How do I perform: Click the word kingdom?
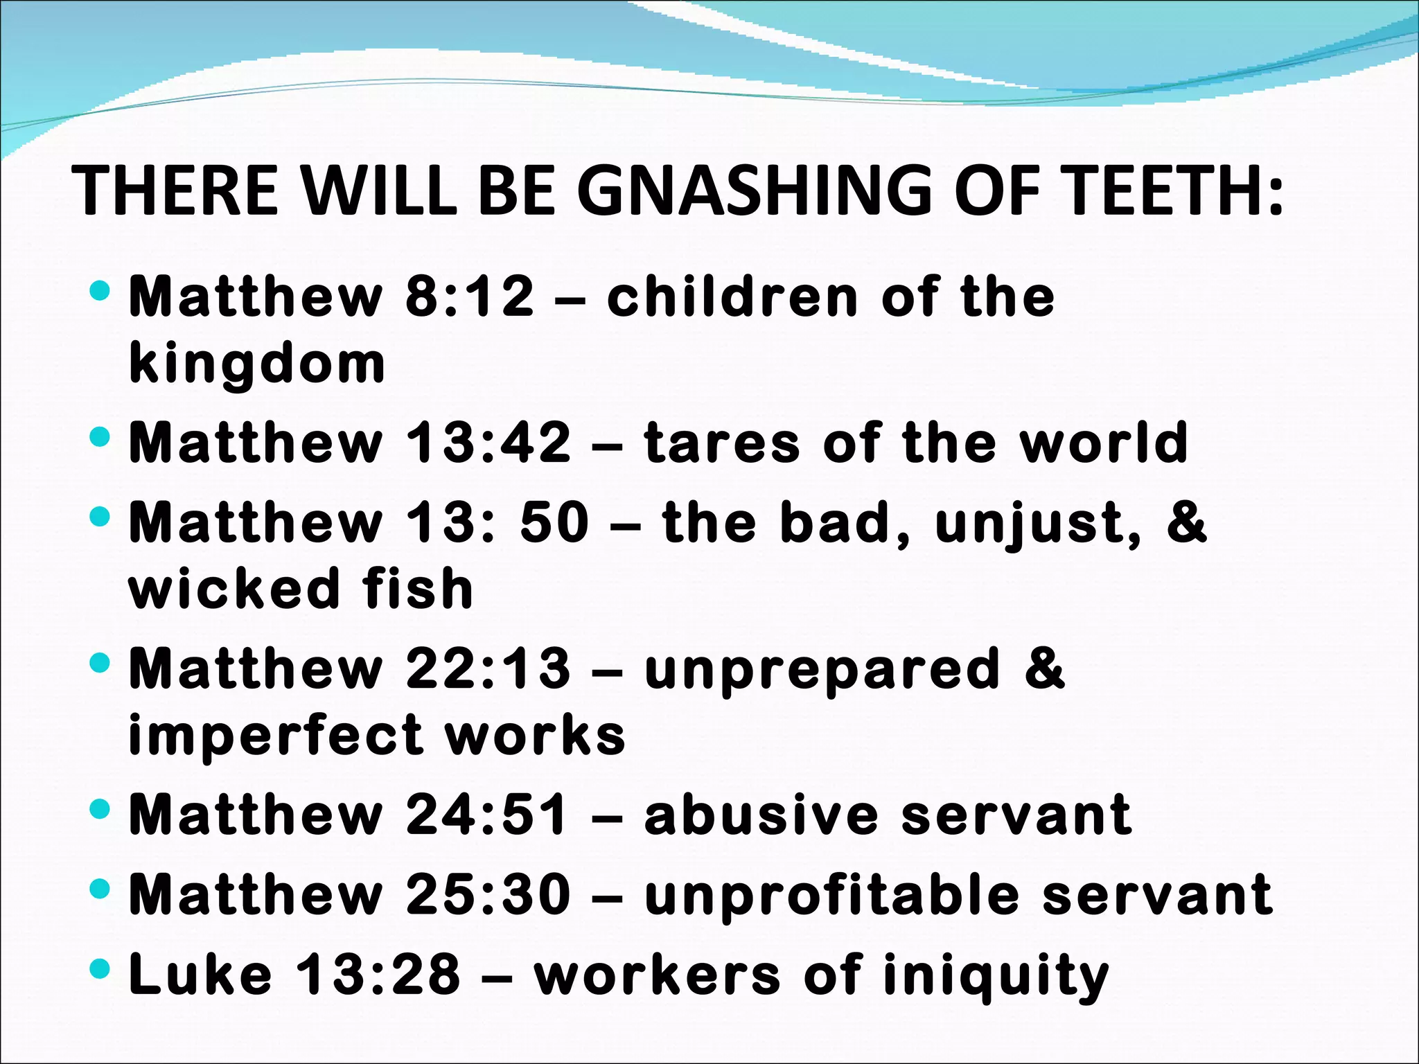click(x=257, y=364)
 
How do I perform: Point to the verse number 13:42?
click(x=488, y=443)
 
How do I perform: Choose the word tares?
click(x=721, y=444)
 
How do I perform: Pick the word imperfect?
click(x=275, y=736)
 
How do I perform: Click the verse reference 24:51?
click(x=487, y=815)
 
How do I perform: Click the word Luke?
click(x=200, y=975)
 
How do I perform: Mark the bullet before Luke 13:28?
click(x=100, y=968)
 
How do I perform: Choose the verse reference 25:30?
click(x=488, y=895)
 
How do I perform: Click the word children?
click(x=732, y=296)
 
